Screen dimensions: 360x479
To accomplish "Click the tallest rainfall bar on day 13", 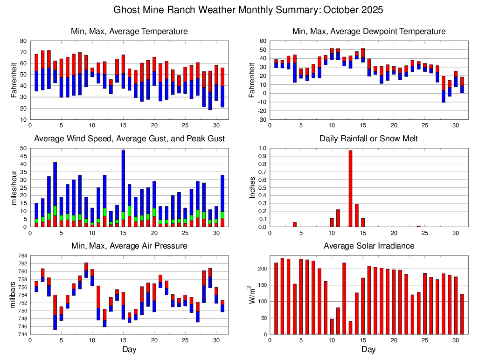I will [x=350, y=188].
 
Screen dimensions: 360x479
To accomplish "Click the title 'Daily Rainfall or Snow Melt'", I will [x=368, y=138].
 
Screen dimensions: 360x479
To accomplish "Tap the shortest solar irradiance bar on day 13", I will [x=350, y=328].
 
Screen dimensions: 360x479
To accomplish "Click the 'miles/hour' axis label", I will [x=14, y=187].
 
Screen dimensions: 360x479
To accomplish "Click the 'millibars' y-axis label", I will [x=14, y=295].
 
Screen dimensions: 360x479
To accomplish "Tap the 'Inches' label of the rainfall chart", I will [x=252, y=187].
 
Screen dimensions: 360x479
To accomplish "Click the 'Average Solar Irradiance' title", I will [x=368, y=246].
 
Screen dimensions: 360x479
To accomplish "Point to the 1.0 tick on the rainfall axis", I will [x=262, y=148].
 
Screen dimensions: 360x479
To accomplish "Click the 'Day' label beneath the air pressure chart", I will [x=129, y=349].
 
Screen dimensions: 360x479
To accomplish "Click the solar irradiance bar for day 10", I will [x=332, y=326].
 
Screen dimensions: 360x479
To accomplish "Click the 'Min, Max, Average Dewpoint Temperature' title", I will [x=368, y=31].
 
